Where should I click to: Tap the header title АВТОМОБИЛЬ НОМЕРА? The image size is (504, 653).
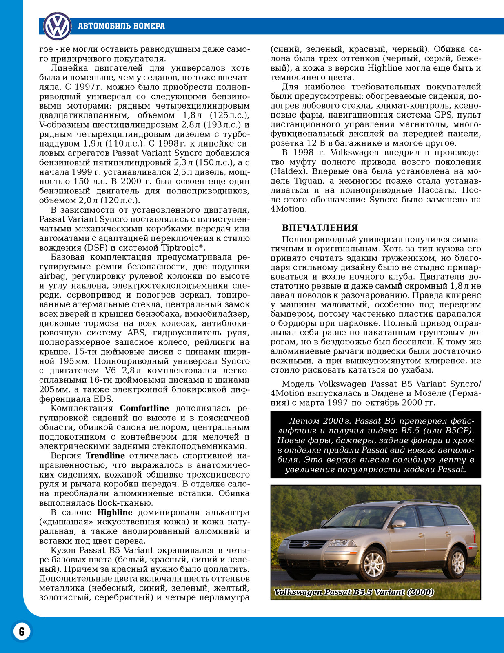121,26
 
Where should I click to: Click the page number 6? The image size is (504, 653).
22,631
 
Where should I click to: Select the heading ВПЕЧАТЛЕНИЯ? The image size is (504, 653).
320,228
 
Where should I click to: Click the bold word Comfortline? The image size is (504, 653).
144,409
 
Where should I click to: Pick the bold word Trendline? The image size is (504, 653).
105,455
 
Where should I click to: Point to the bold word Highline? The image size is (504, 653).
115,513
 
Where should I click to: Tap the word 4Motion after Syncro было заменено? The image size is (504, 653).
288,209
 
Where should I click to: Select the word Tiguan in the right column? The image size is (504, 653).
308,181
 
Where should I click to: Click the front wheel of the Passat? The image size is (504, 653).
374,565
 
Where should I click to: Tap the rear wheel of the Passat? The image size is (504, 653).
458,562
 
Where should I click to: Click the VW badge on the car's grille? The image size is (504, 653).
304,544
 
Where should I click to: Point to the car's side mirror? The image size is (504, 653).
399,524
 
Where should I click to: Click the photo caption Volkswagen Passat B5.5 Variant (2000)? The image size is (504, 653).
354,592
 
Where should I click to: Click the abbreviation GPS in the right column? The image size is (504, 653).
443,115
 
